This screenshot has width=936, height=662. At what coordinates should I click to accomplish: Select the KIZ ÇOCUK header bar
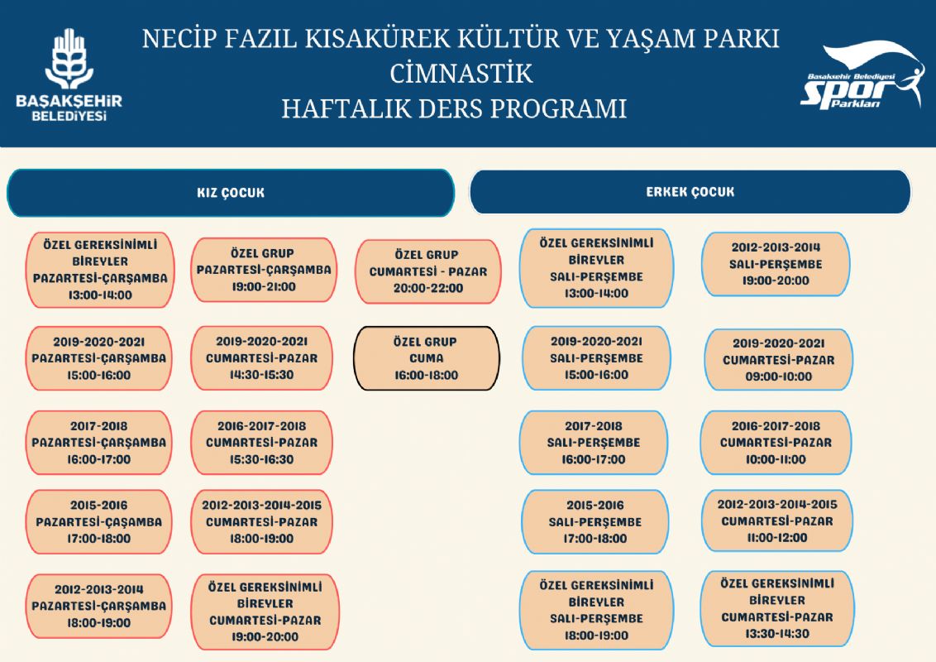(231, 193)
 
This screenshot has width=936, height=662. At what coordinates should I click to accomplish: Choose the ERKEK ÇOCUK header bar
(690, 192)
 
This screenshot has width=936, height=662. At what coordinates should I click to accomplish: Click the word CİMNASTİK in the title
(461, 74)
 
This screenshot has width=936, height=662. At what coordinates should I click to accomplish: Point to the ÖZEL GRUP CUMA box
(427, 358)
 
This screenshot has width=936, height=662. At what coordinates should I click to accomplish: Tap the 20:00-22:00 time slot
(427, 288)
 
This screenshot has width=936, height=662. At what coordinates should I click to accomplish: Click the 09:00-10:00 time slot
(777, 377)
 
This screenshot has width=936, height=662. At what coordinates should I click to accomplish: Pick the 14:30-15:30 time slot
(261, 375)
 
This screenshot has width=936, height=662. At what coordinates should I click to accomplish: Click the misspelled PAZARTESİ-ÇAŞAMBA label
(99, 522)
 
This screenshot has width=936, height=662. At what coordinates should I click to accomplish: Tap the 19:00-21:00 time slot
(263, 286)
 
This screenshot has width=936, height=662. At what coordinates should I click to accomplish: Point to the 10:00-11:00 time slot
(775, 459)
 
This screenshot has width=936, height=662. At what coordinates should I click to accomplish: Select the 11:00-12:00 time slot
(776, 538)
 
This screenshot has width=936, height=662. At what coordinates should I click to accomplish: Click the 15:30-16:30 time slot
(261, 459)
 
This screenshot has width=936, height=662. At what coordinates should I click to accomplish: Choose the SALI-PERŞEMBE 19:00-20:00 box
(775, 264)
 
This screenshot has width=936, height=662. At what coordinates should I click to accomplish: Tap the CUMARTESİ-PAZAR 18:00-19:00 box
(261, 522)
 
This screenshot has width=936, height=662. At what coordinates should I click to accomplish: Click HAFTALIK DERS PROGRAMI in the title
(453, 109)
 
